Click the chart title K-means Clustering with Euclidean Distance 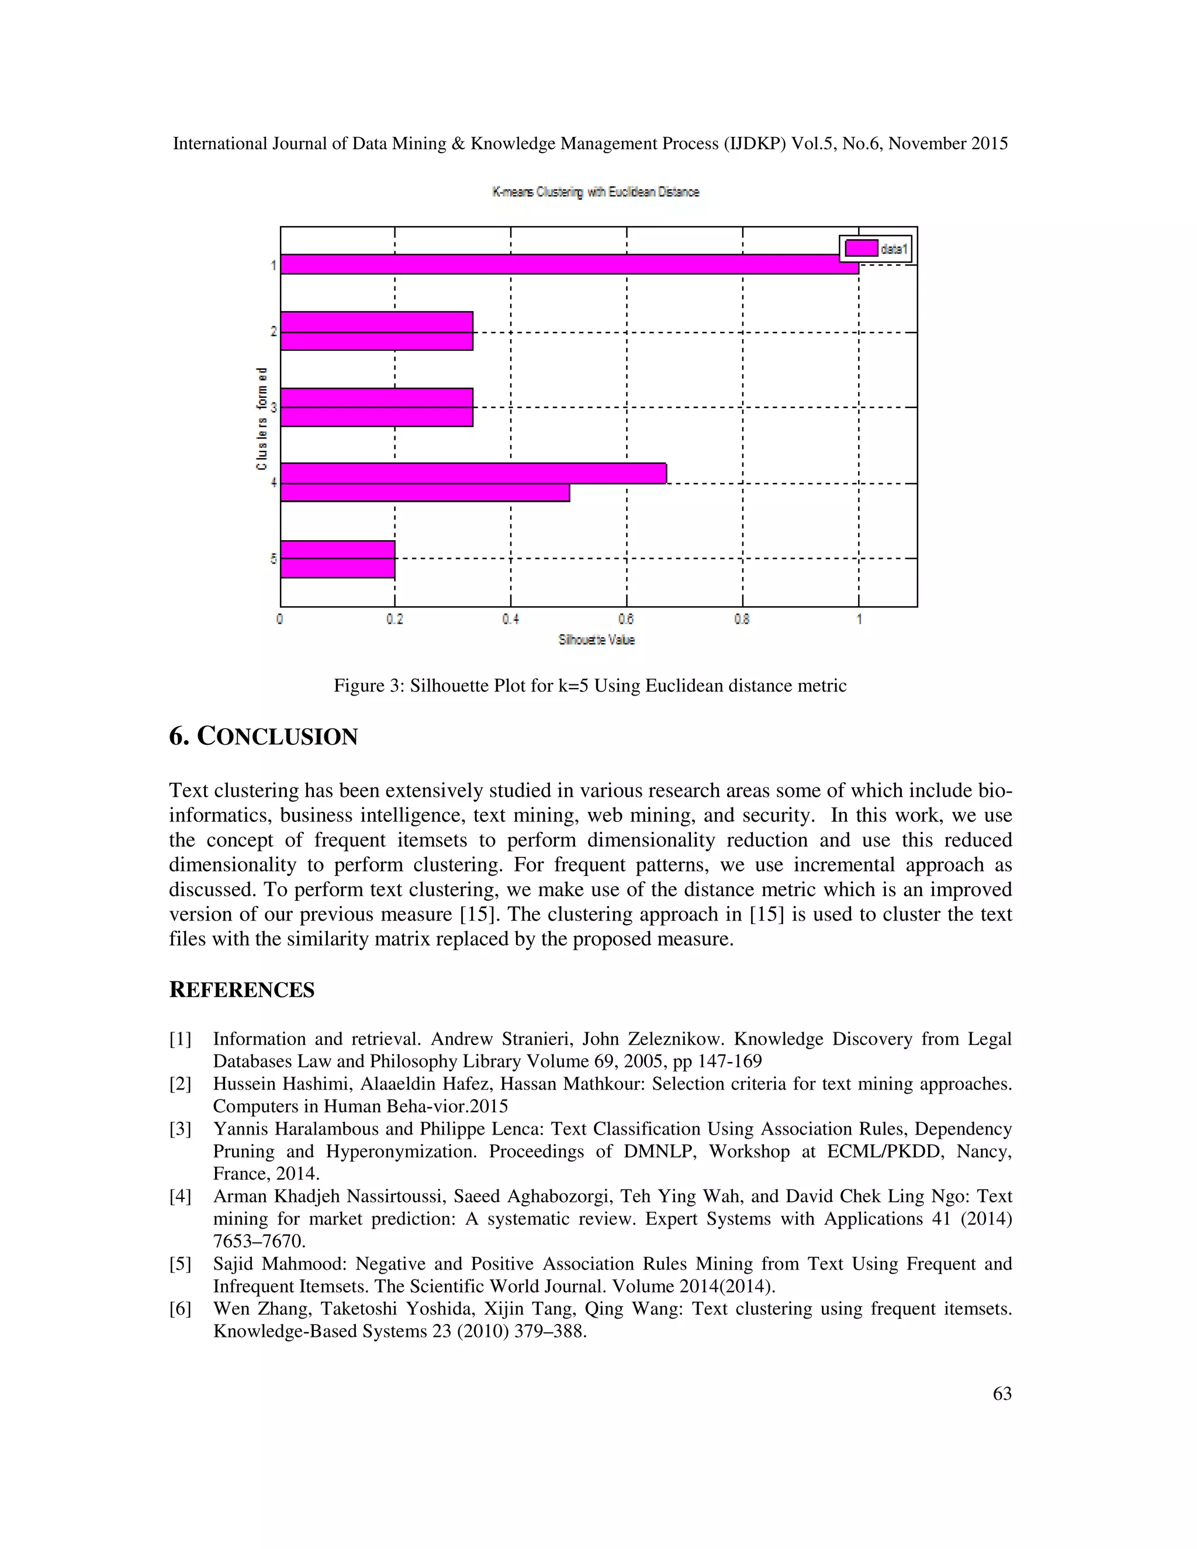pyautogui.click(x=596, y=192)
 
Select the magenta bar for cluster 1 pyautogui.click(x=568, y=264)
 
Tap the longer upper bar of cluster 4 pyautogui.click(x=473, y=473)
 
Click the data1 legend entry pyautogui.click(x=876, y=249)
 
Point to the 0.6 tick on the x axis pyautogui.click(x=626, y=619)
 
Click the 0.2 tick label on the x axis pyautogui.click(x=395, y=619)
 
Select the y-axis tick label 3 pyautogui.click(x=274, y=407)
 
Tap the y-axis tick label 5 pyautogui.click(x=274, y=559)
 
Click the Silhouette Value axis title pyautogui.click(x=596, y=639)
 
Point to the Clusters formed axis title pyautogui.click(x=262, y=419)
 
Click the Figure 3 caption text pyautogui.click(x=590, y=686)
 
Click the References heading pyautogui.click(x=242, y=990)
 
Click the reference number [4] pyautogui.click(x=180, y=1197)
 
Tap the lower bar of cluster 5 pyautogui.click(x=338, y=568)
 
